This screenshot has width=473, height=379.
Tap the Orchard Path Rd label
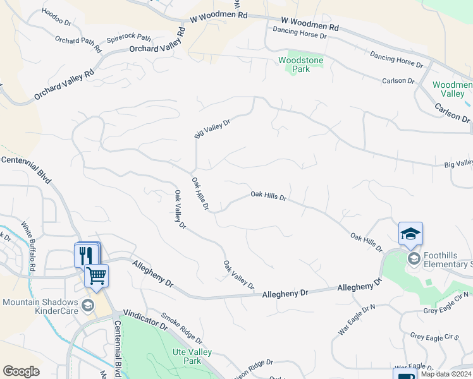[x=78, y=40]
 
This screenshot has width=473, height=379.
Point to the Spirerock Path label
[x=128, y=38]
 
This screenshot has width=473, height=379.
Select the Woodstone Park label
[x=301, y=64]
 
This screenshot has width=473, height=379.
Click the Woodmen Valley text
[x=453, y=89]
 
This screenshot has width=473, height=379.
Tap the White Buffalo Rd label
[x=28, y=246]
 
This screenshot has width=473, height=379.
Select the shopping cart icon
[x=96, y=275]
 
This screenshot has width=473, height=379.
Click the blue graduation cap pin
[x=410, y=234]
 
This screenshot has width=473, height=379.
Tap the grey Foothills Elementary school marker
[x=414, y=258]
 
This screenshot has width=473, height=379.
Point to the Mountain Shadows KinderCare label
[x=39, y=306]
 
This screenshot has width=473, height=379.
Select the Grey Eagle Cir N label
[x=446, y=303]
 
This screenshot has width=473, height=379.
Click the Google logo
[x=21, y=371]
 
